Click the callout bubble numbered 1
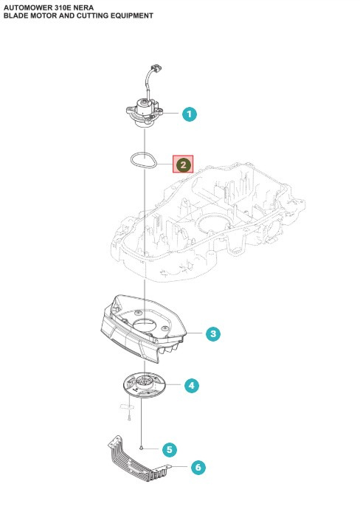click(190, 114)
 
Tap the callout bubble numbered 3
click(213, 334)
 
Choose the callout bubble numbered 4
click(190, 385)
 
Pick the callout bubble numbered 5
click(169, 449)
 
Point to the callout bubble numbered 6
click(197, 467)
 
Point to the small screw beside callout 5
click(141, 448)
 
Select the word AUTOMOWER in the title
click(27, 6)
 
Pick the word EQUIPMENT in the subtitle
click(130, 15)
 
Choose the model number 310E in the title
click(66, 6)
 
